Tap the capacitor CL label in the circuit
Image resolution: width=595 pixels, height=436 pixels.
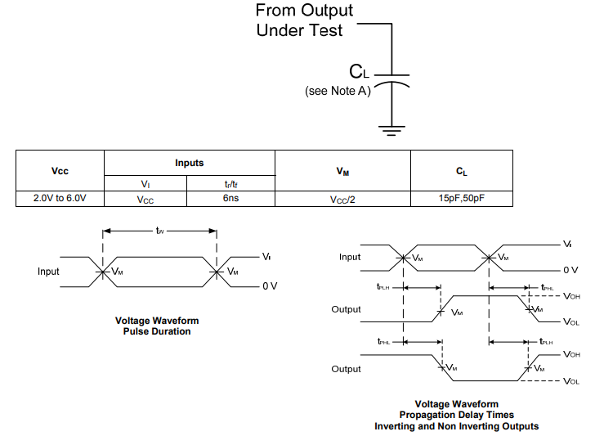point(360,72)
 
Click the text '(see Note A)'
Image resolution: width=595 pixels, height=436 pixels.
point(338,91)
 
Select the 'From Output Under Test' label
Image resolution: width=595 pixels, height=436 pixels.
point(305,20)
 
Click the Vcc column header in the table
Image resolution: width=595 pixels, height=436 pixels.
point(60,171)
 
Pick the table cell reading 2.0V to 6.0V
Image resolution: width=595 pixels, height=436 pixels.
point(60,198)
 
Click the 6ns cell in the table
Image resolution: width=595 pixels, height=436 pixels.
point(230,198)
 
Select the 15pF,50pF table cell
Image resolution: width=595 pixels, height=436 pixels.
point(462,198)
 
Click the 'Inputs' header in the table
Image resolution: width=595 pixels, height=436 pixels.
point(189,164)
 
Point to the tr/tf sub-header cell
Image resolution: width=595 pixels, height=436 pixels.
point(230,184)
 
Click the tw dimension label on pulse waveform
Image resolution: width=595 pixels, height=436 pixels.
point(160,231)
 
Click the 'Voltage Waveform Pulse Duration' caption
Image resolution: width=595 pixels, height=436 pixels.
point(157,326)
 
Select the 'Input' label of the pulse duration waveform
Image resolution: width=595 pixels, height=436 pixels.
point(48,271)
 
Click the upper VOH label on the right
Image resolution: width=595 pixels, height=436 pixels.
point(571,296)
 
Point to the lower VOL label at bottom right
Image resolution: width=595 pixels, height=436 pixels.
point(571,381)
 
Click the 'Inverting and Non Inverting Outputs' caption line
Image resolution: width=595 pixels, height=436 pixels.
point(456,426)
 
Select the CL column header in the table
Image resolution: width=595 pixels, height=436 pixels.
point(462,171)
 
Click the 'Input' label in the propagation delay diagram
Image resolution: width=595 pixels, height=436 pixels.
point(350,257)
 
